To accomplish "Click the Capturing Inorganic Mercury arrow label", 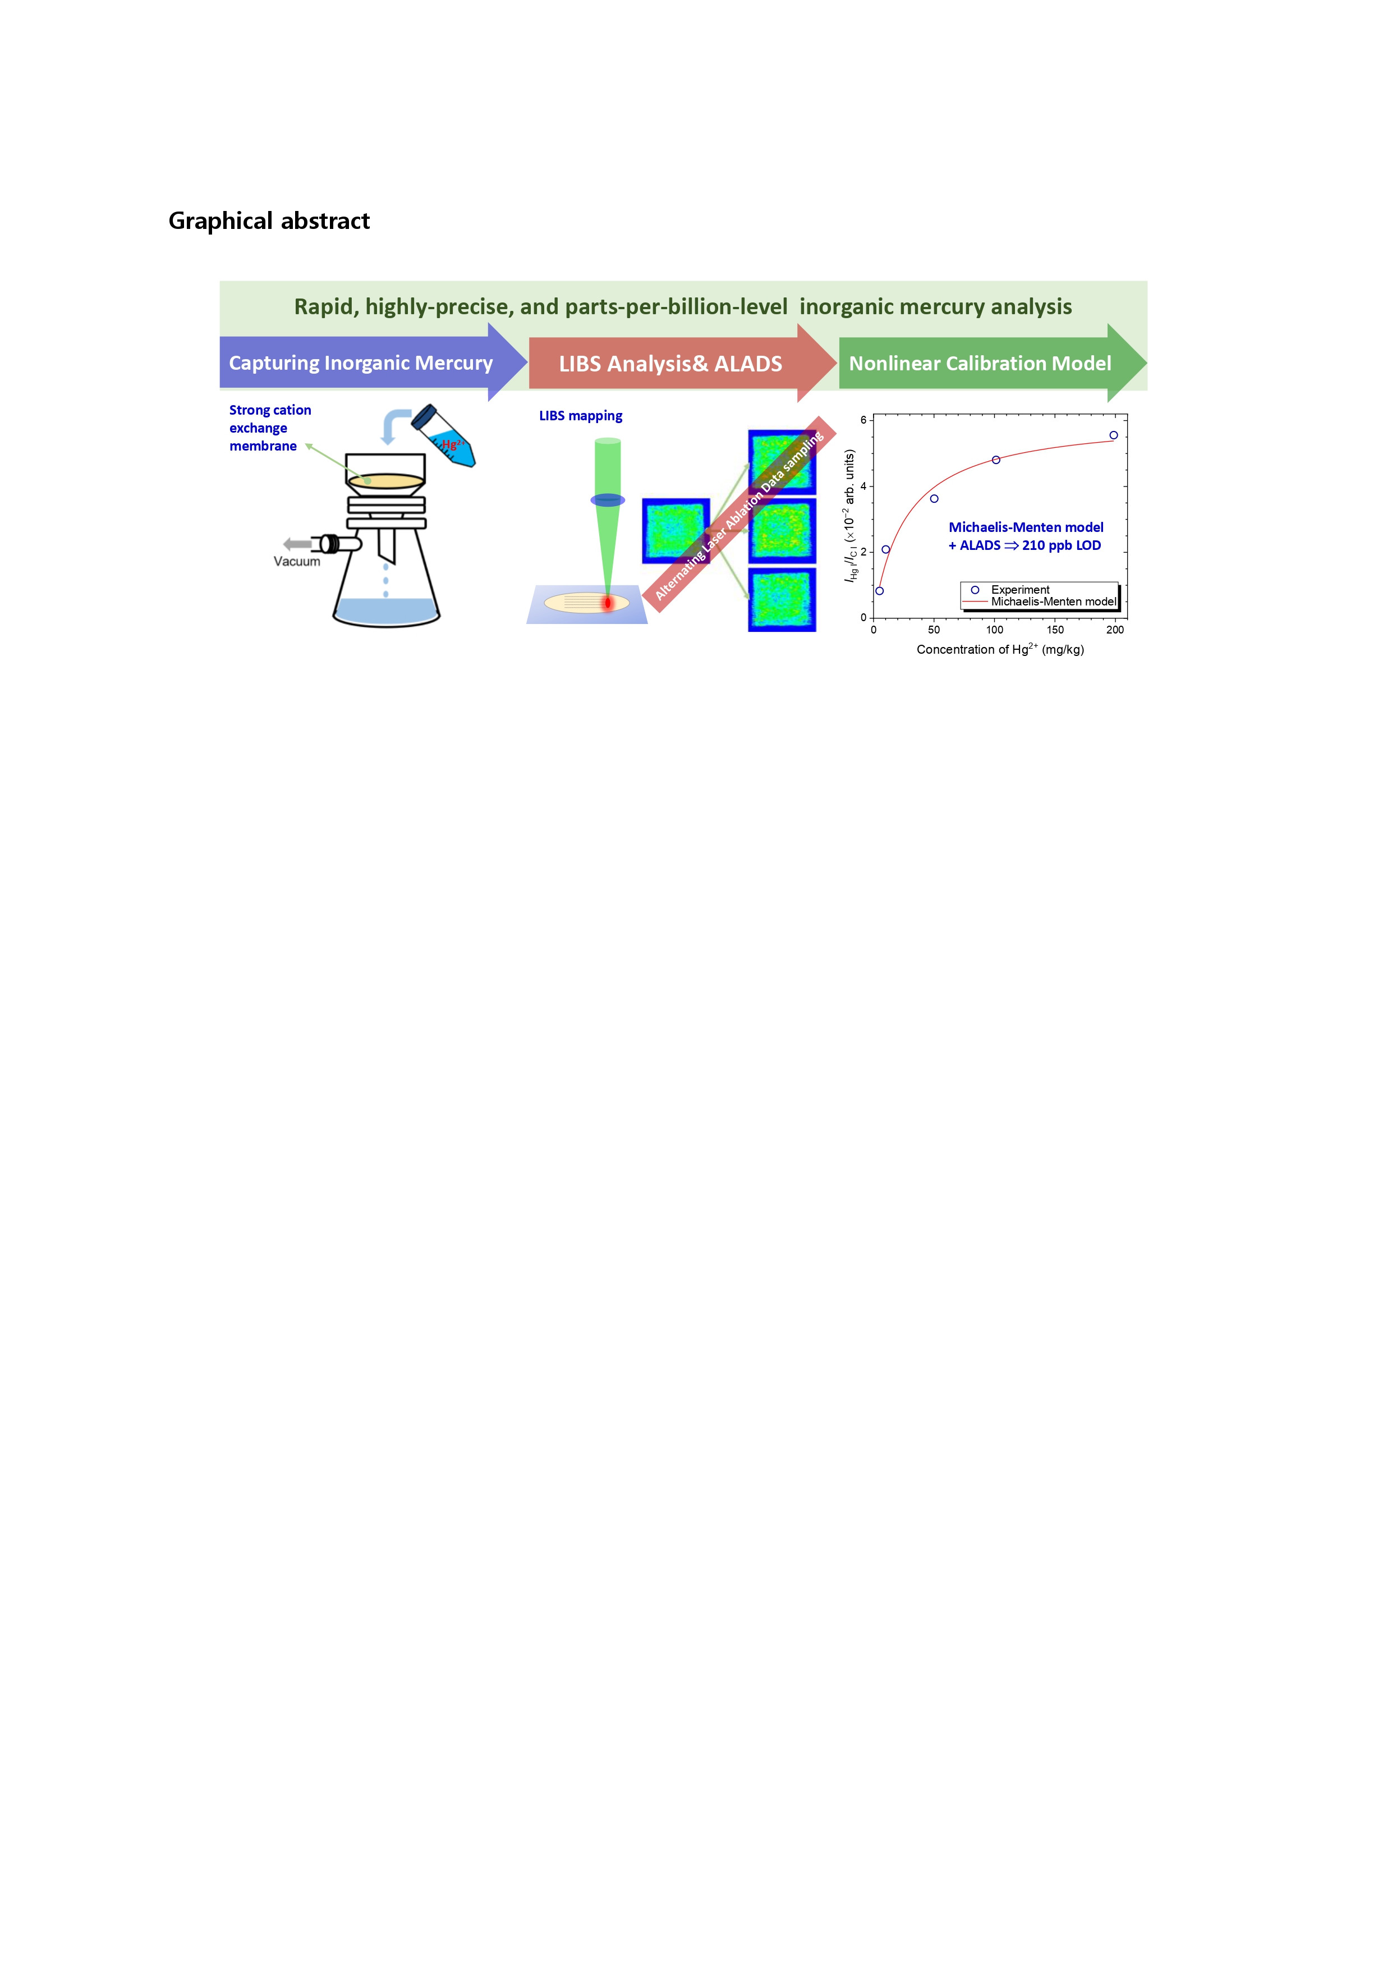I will pyautogui.click(x=360, y=362).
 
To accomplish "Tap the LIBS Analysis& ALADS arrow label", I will pyautogui.click(x=670, y=364).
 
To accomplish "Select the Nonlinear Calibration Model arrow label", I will pyautogui.click(x=980, y=364).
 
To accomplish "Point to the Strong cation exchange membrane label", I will pyautogui.click(x=269, y=428).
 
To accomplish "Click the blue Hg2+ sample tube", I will pyautogui.click(x=444, y=437).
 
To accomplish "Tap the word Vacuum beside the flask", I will pyautogui.click(x=297, y=562).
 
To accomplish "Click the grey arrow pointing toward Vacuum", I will pyautogui.click(x=297, y=544).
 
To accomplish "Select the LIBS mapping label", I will pyautogui.click(x=581, y=416).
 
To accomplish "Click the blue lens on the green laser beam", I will pyautogui.click(x=607, y=500).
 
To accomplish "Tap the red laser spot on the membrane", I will pyautogui.click(x=607, y=603).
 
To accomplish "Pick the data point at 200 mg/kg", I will pyautogui.click(x=1113, y=435).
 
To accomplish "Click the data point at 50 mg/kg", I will pyautogui.click(x=934, y=499).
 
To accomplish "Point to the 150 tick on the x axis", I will pyautogui.click(x=1055, y=630).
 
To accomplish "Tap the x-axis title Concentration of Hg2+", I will pyautogui.click(x=1000, y=649).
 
